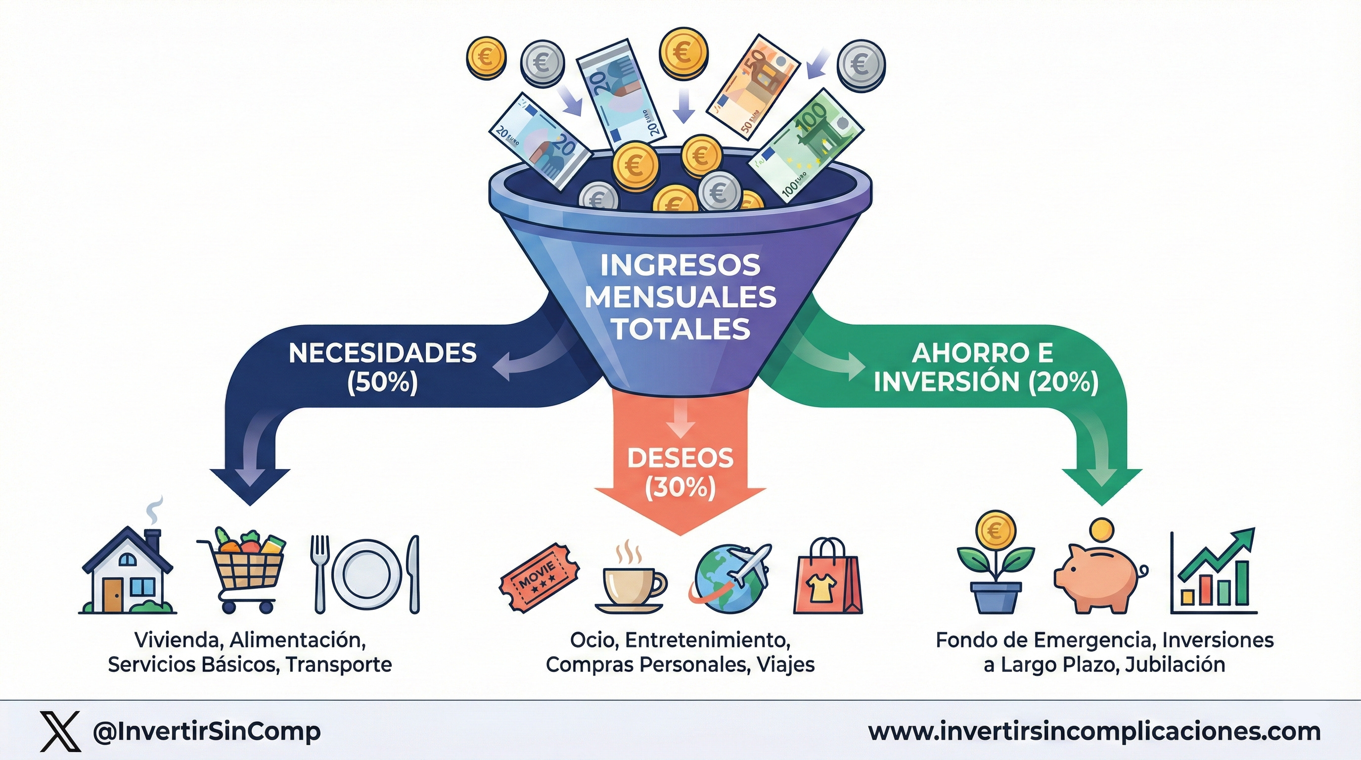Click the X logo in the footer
tap(60, 731)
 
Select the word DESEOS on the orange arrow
tap(680, 458)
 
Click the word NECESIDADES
tap(382, 354)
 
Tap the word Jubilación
tap(1175, 665)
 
